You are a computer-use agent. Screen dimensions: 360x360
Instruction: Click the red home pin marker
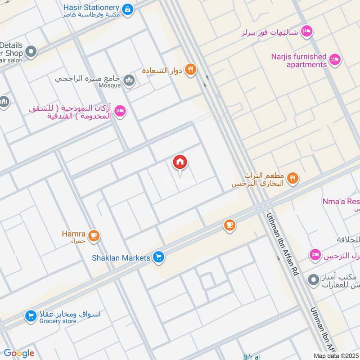pyautogui.click(x=180, y=162)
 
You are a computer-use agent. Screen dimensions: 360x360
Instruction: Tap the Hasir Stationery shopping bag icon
pyautogui.click(x=128, y=9)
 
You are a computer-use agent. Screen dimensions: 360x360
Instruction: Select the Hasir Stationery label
pyautogui.click(x=91, y=8)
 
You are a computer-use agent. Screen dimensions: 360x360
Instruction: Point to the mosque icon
pyautogui.click(x=130, y=80)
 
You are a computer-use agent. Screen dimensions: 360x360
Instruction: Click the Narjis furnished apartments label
pyautogui.click(x=299, y=60)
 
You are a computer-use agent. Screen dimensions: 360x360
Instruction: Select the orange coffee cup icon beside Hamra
pyautogui.click(x=94, y=235)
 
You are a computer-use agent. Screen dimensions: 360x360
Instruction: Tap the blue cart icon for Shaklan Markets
pyautogui.click(x=158, y=257)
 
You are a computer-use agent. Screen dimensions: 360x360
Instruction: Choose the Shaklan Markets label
pyautogui.click(x=121, y=258)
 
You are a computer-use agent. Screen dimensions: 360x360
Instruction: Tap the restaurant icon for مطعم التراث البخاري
pyautogui.click(x=293, y=179)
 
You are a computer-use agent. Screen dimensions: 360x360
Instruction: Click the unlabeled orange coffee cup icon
pyautogui.click(x=229, y=225)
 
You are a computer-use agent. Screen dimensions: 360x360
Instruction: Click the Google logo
pyautogui.click(x=19, y=353)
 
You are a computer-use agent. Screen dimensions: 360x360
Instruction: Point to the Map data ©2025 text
pyautogui.click(x=336, y=355)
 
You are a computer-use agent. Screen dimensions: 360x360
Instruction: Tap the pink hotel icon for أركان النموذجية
pyautogui.click(x=120, y=111)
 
